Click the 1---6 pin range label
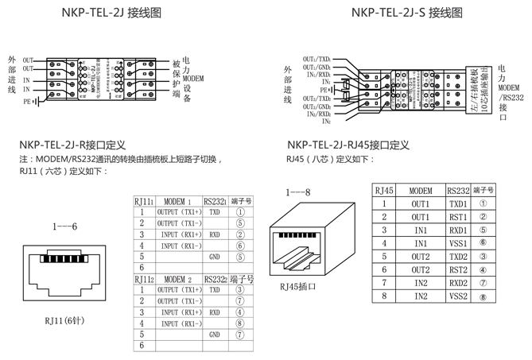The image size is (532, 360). [x=64, y=226]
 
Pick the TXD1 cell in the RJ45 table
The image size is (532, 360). [x=458, y=204]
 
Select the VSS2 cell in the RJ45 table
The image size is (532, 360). [x=458, y=296]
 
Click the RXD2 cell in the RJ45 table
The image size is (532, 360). [x=458, y=282]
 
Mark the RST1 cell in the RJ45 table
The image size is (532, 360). [x=458, y=217]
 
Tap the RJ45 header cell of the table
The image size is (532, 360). [x=383, y=191]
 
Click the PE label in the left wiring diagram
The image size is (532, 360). [x=26, y=102]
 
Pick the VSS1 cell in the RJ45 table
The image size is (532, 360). [x=458, y=243]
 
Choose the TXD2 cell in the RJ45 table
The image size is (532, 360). [x=458, y=257]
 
